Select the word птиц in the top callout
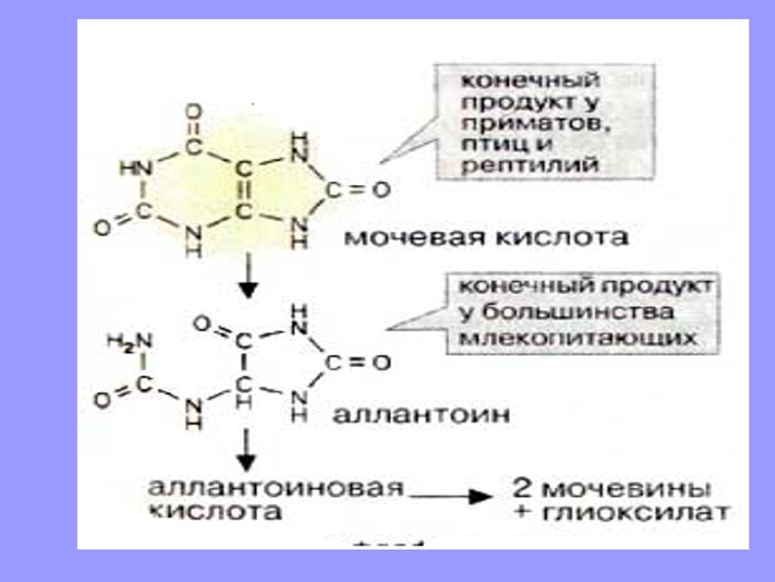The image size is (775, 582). pyautogui.click(x=490, y=143)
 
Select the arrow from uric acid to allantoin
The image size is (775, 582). pyautogui.click(x=247, y=277)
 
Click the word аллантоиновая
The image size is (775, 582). pyautogui.click(x=275, y=487)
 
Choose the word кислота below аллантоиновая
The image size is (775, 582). pyautogui.click(x=213, y=512)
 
